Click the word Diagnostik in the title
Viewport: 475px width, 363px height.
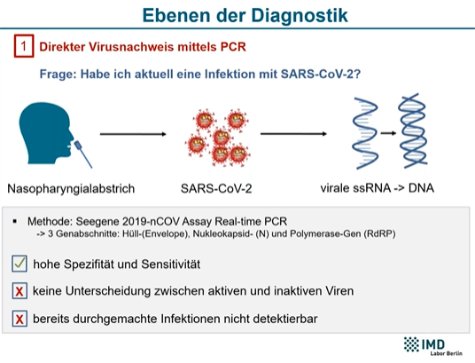tap(300, 15)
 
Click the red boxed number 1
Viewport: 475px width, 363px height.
tap(24, 46)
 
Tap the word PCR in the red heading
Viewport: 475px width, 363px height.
tap(233, 47)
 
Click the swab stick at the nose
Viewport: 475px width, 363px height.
tap(83, 154)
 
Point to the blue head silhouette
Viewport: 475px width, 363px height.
tap(45, 133)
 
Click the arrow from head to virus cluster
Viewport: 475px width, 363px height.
tap(133, 134)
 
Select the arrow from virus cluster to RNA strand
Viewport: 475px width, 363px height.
tap(293, 133)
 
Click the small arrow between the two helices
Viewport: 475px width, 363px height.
tap(388, 133)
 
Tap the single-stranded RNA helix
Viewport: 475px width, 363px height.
tap(365, 133)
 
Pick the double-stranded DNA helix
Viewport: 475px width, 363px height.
tap(413, 131)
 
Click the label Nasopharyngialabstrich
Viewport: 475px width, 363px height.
tap(71, 189)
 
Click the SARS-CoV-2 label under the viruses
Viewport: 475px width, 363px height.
tap(216, 188)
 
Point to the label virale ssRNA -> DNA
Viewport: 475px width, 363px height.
tap(378, 188)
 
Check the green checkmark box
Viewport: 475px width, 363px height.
tap(19, 264)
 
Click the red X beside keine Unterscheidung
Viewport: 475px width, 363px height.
tap(19, 291)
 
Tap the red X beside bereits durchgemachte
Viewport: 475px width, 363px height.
tap(19, 319)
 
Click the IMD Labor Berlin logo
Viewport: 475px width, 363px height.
tap(433, 346)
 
